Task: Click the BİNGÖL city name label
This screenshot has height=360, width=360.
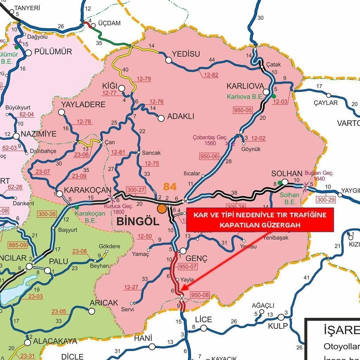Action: pos(137,221)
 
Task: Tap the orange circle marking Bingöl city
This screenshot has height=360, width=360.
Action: pos(162,208)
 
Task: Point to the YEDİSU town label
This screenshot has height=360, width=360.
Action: pos(186,54)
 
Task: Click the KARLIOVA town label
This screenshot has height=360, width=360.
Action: pos(245,86)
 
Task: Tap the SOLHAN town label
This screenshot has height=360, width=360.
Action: pos(287,174)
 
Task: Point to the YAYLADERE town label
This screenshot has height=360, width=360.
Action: pos(83,104)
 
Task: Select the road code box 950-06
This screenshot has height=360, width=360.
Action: pos(209,156)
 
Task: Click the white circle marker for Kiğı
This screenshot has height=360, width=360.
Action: pos(122,88)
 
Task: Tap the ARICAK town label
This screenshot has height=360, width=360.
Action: pos(104,303)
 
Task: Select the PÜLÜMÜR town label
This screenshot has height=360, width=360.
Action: pos(53,52)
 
